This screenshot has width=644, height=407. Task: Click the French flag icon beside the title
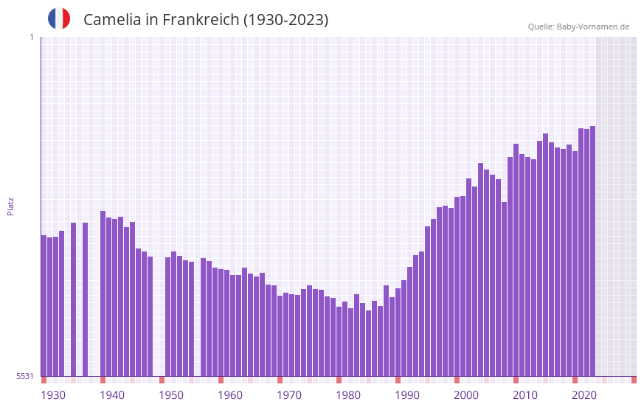pyautogui.click(x=59, y=18)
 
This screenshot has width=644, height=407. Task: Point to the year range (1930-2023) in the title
pyautogui.click(x=285, y=20)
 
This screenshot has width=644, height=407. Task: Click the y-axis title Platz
pyautogui.click(x=10, y=206)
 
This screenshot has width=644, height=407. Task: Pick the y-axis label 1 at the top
pyautogui.click(x=31, y=37)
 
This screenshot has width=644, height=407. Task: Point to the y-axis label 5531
pyautogui.click(x=25, y=376)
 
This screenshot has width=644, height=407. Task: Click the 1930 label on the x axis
pyautogui.click(x=53, y=395)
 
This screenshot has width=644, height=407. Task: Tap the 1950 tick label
pyautogui.click(x=171, y=395)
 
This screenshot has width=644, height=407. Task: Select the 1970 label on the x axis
pyautogui.click(x=289, y=395)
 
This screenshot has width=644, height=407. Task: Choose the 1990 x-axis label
pyautogui.click(x=407, y=395)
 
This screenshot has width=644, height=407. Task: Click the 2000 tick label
pyautogui.click(x=466, y=395)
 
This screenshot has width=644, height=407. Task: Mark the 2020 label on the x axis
pyautogui.click(x=584, y=395)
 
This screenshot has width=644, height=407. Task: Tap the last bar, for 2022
pyautogui.click(x=593, y=251)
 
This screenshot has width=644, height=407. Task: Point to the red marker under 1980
pyautogui.click(x=339, y=380)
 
